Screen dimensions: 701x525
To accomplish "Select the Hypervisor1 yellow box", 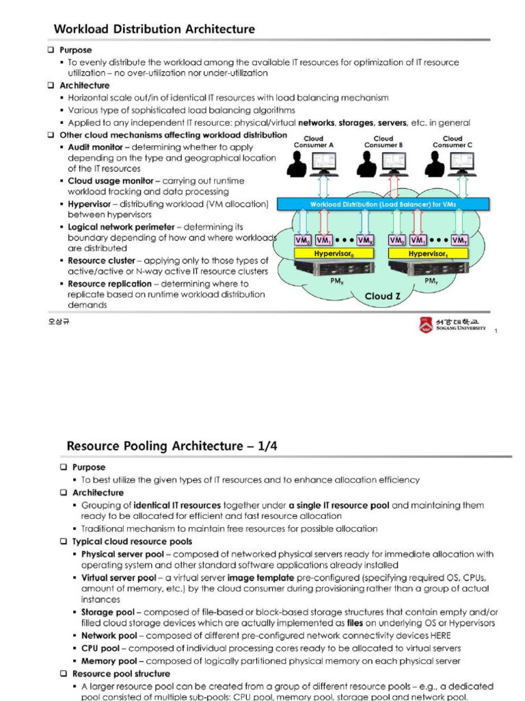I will (x=428, y=253).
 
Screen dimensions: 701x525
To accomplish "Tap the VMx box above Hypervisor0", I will (x=364, y=240).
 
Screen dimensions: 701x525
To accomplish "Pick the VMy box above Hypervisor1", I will (x=459, y=240).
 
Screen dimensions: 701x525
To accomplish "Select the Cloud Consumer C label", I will (x=453, y=142).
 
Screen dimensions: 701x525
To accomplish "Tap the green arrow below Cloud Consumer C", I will (x=463, y=186).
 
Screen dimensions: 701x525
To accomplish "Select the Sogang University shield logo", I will (x=425, y=325).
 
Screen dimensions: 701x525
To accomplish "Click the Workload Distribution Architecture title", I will (x=154, y=29).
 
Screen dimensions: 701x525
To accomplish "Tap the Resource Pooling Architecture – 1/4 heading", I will (x=172, y=446).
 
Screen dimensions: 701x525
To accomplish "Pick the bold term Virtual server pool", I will (x=118, y=578).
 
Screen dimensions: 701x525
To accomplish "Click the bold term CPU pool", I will (x=100, y=648).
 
